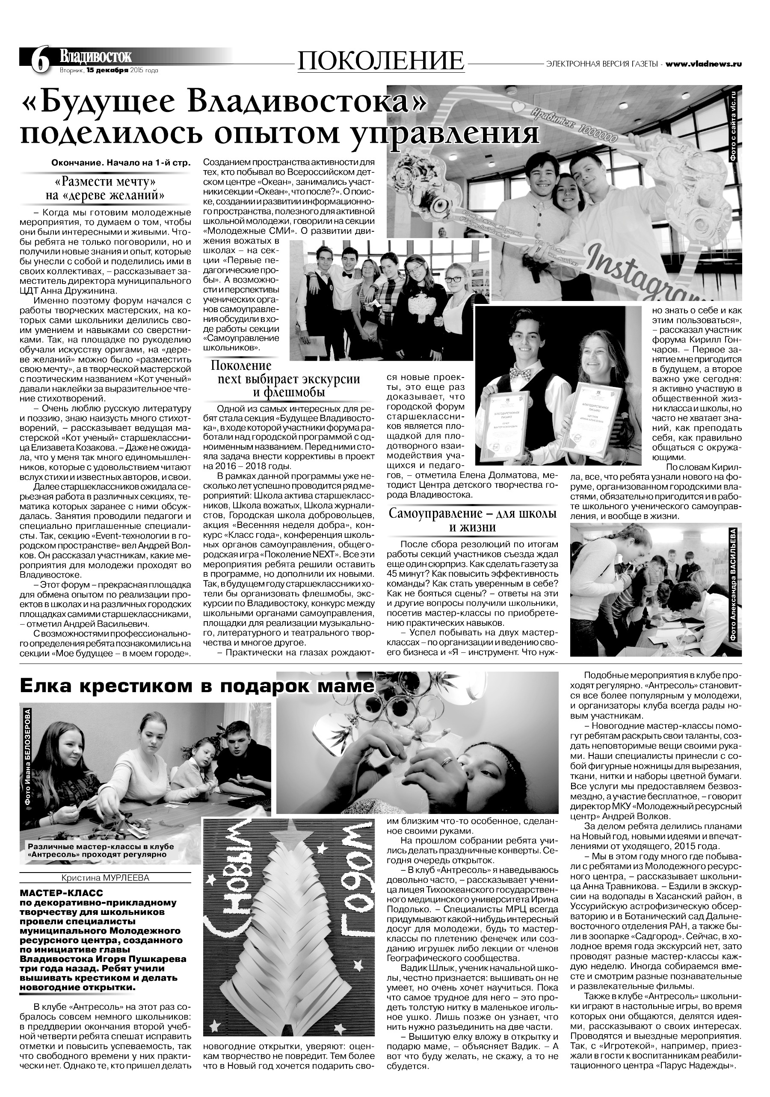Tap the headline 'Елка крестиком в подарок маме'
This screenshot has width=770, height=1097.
click(x=196, y=686)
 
